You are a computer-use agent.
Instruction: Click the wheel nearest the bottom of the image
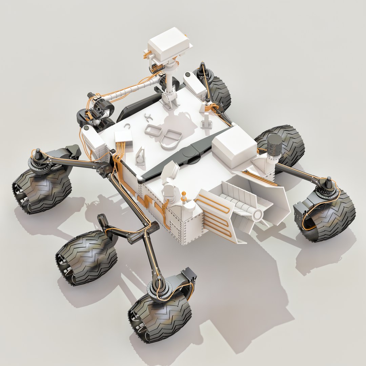(x=159, y=317)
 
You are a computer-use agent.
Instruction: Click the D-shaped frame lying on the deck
(x=171, y=139)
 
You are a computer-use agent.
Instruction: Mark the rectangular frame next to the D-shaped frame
(x=153, y=130)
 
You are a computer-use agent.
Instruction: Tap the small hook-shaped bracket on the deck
(x=148, y=117)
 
